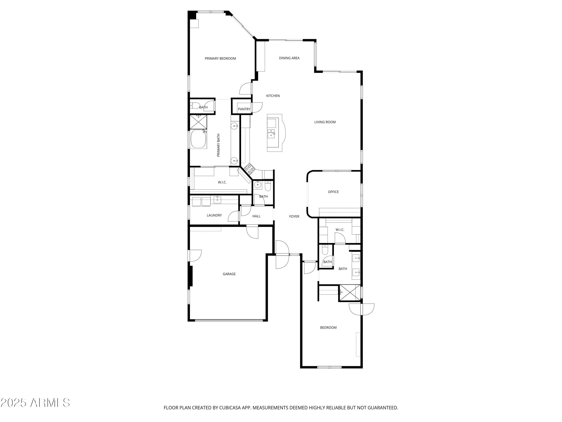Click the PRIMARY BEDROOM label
click(220, 59)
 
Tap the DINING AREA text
click(289, 58)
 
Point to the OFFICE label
click(333, 192)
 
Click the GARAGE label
click(229, 274)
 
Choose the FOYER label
click(294, 216)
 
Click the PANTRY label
click(244, 109)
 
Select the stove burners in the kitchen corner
click(249, 169)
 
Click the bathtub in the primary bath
click(198, 139)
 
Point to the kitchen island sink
click(271, 133)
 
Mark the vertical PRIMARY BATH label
click(218, 145)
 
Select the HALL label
click(256, 216)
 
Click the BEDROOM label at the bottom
click(328, 328)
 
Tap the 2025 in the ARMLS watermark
click(13, 403)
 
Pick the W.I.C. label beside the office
click(340, 230)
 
